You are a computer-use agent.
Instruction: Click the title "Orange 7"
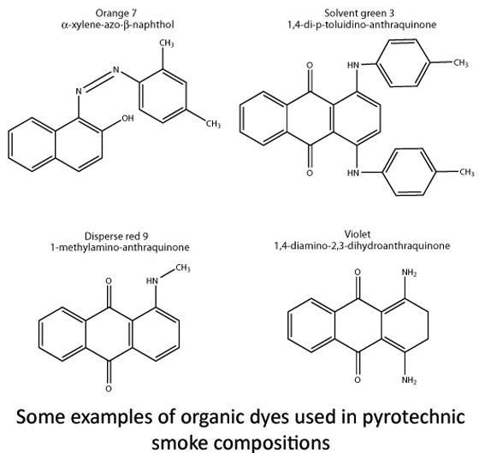[116, 13]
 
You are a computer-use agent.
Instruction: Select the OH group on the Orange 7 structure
[127, 118]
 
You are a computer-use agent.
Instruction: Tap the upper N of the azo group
[116, 70]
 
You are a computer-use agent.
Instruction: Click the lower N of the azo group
[79, 91]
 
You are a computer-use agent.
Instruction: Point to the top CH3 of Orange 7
[167, 43]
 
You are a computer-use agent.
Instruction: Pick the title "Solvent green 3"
[359, 13]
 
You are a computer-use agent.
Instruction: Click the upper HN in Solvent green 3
[353, 65]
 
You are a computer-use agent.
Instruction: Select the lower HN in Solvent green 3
[353, 173]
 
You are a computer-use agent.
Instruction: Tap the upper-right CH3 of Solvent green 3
[461, 63]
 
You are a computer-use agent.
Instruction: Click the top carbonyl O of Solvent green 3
[310, 65]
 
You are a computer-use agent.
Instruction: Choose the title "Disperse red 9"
[116, 236]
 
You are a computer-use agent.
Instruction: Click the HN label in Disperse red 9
[152, 280]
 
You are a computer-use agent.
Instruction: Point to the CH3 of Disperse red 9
[183, 268]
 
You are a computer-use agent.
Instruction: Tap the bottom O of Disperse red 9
[109, 389]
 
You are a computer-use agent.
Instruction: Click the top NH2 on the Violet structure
[410, 273]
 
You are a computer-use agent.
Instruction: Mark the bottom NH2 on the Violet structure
[410, 380]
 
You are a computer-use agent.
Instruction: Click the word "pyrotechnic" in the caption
[414, 417]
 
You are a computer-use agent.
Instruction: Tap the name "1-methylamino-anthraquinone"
[120, 247]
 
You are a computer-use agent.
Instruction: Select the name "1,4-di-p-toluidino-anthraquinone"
[362, 25]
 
